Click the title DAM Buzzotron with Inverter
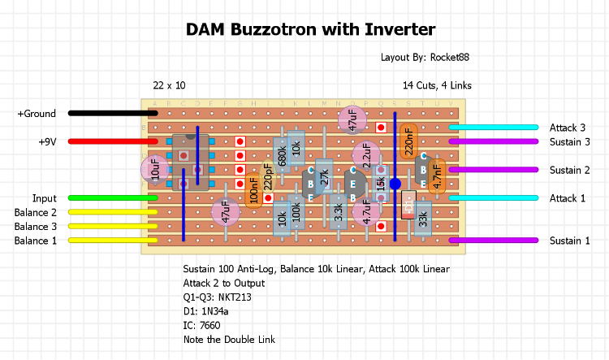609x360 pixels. click(312, 30)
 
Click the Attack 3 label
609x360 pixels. click(567, 128)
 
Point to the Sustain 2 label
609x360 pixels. click(569, 170)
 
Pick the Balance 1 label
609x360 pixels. click(36, 241)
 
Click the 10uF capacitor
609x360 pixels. click(154, 169)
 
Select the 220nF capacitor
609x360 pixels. click(408, 141)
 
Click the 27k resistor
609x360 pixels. click(324, 176)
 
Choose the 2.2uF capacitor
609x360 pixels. click(366, 154)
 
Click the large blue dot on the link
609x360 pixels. click(395, 184)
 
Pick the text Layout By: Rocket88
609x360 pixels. click(425, 58)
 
